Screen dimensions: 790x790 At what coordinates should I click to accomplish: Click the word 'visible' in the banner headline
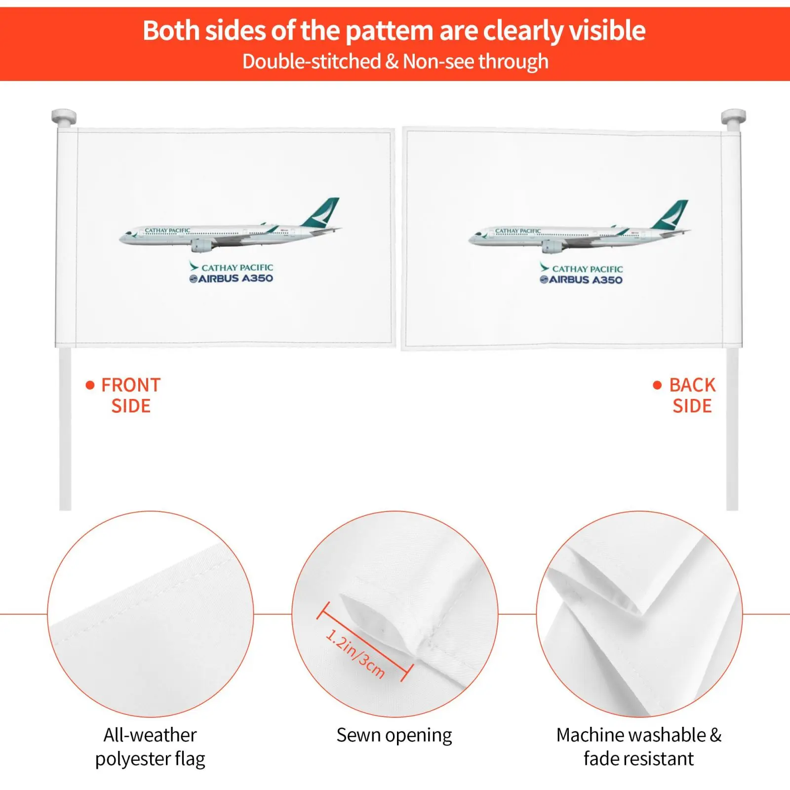point(607,31)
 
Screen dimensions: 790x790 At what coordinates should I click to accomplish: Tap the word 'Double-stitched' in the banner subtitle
point(312,62)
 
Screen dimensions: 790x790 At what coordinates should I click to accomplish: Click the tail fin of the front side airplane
point(322,213)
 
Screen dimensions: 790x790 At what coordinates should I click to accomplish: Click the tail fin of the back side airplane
point(671,215)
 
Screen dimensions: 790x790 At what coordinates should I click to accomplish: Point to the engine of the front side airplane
point(202,245)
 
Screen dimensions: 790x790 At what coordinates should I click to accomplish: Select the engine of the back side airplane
point(553,246)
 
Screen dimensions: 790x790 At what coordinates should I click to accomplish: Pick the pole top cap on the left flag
point(64,118)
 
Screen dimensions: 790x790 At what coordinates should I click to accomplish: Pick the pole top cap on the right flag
point(733,118)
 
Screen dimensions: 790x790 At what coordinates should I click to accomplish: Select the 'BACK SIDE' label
point(692,395)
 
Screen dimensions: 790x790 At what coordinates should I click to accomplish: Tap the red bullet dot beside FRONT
point(90,385)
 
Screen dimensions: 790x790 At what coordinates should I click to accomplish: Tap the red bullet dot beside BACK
point(657,385)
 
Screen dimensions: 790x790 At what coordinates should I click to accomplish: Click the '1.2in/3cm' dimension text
point(355,653)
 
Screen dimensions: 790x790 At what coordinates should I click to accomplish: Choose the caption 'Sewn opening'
point(394,735)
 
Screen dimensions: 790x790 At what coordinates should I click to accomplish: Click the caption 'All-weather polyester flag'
point(150,747)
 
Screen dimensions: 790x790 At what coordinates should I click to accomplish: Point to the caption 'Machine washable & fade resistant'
point(639,747)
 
